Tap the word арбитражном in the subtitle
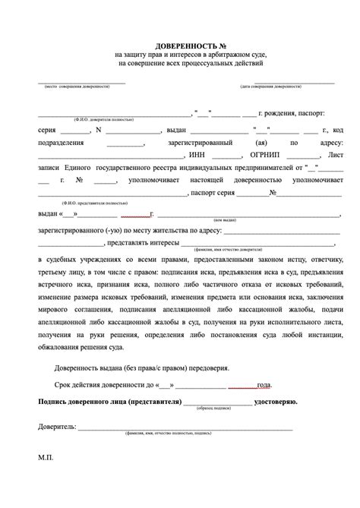(x=214, y=55)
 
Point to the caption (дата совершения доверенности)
(x=269, y=87)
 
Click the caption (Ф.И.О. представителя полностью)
(x=103, y=204)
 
